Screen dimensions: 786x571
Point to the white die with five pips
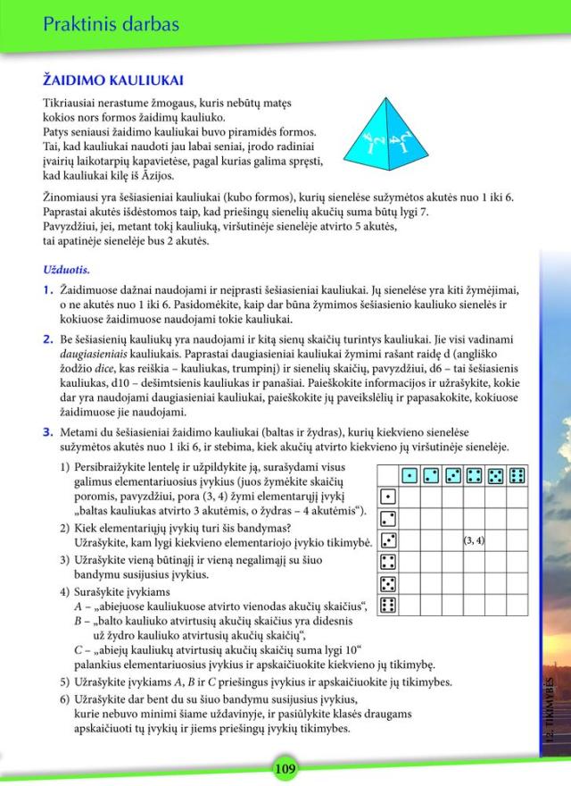pos(388,584)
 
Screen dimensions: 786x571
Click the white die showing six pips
pos(388,606)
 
